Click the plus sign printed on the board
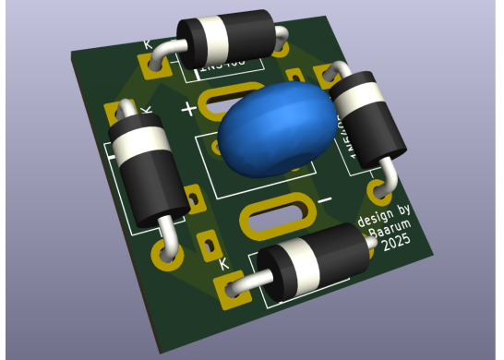tap(189, 109)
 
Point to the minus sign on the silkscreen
tap(323, 198)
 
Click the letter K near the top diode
tap(148, 44)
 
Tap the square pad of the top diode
tap(151, 67)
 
